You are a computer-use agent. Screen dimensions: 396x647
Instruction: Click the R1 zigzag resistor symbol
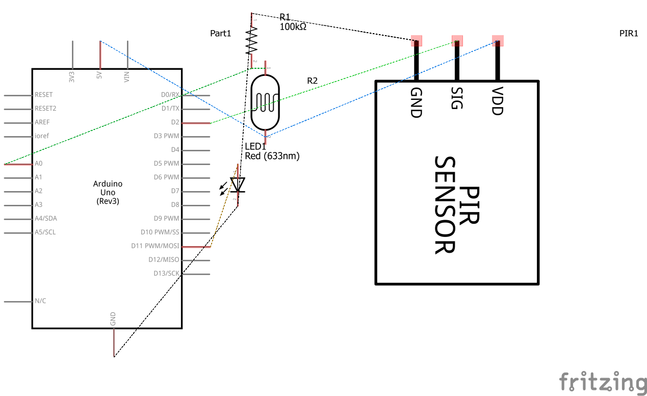click(252, 41)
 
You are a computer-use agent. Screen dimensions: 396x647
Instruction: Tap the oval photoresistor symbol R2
click(265, 101)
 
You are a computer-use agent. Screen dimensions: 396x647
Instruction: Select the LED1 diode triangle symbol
click(238, 184)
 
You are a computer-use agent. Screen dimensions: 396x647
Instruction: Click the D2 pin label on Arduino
click(175, 122)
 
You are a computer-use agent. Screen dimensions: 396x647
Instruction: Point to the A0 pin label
click(38, 164)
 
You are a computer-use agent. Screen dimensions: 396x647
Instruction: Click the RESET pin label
click(43, 95)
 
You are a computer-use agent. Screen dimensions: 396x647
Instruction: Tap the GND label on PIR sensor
click(416, 102)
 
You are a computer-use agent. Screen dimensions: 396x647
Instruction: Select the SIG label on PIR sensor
click(456, 98)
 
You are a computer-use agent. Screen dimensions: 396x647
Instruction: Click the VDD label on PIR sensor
click(497, 101)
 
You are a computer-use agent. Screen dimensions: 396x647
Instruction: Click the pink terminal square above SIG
click(457, 40)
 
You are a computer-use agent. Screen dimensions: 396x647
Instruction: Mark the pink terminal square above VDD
click(498, 40)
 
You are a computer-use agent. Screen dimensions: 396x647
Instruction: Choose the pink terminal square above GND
click(417, 40)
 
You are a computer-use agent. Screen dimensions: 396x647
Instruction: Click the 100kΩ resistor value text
click(293, 27)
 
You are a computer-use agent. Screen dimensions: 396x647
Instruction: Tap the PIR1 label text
click(629, 34)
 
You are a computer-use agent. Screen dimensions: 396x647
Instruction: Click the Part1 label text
click(221, 34)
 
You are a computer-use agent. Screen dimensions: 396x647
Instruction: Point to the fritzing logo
click(602, 382)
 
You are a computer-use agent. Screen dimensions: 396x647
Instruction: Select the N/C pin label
click(40, 301)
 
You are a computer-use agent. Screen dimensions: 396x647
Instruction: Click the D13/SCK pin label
click(166, 273)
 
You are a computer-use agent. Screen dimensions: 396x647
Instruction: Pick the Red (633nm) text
click(272, 156)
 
